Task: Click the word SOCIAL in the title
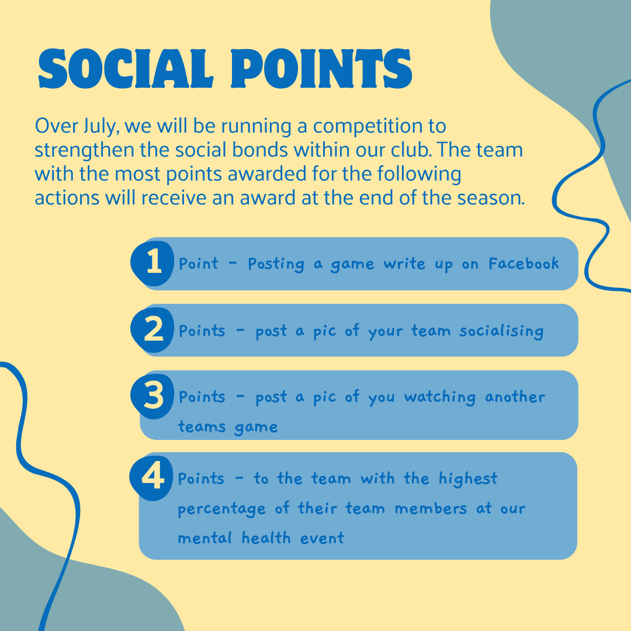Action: tap(126, 68)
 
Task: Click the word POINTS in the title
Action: tap(321, 68)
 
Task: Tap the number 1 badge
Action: tap(152, 263)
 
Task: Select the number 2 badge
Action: tap(152, 330)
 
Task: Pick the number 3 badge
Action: tap(152, 396)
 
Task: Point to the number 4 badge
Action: tap(152, 478)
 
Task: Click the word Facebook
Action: tap(523, 264)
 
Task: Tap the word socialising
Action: tap(501, 331)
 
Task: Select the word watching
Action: tap(440, 397)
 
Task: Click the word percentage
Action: tap(222, 509)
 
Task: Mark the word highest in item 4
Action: tap(468, 479)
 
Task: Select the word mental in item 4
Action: tap(205, 538)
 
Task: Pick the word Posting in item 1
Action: tap(276, 265)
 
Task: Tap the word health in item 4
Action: tap(266, 538)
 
